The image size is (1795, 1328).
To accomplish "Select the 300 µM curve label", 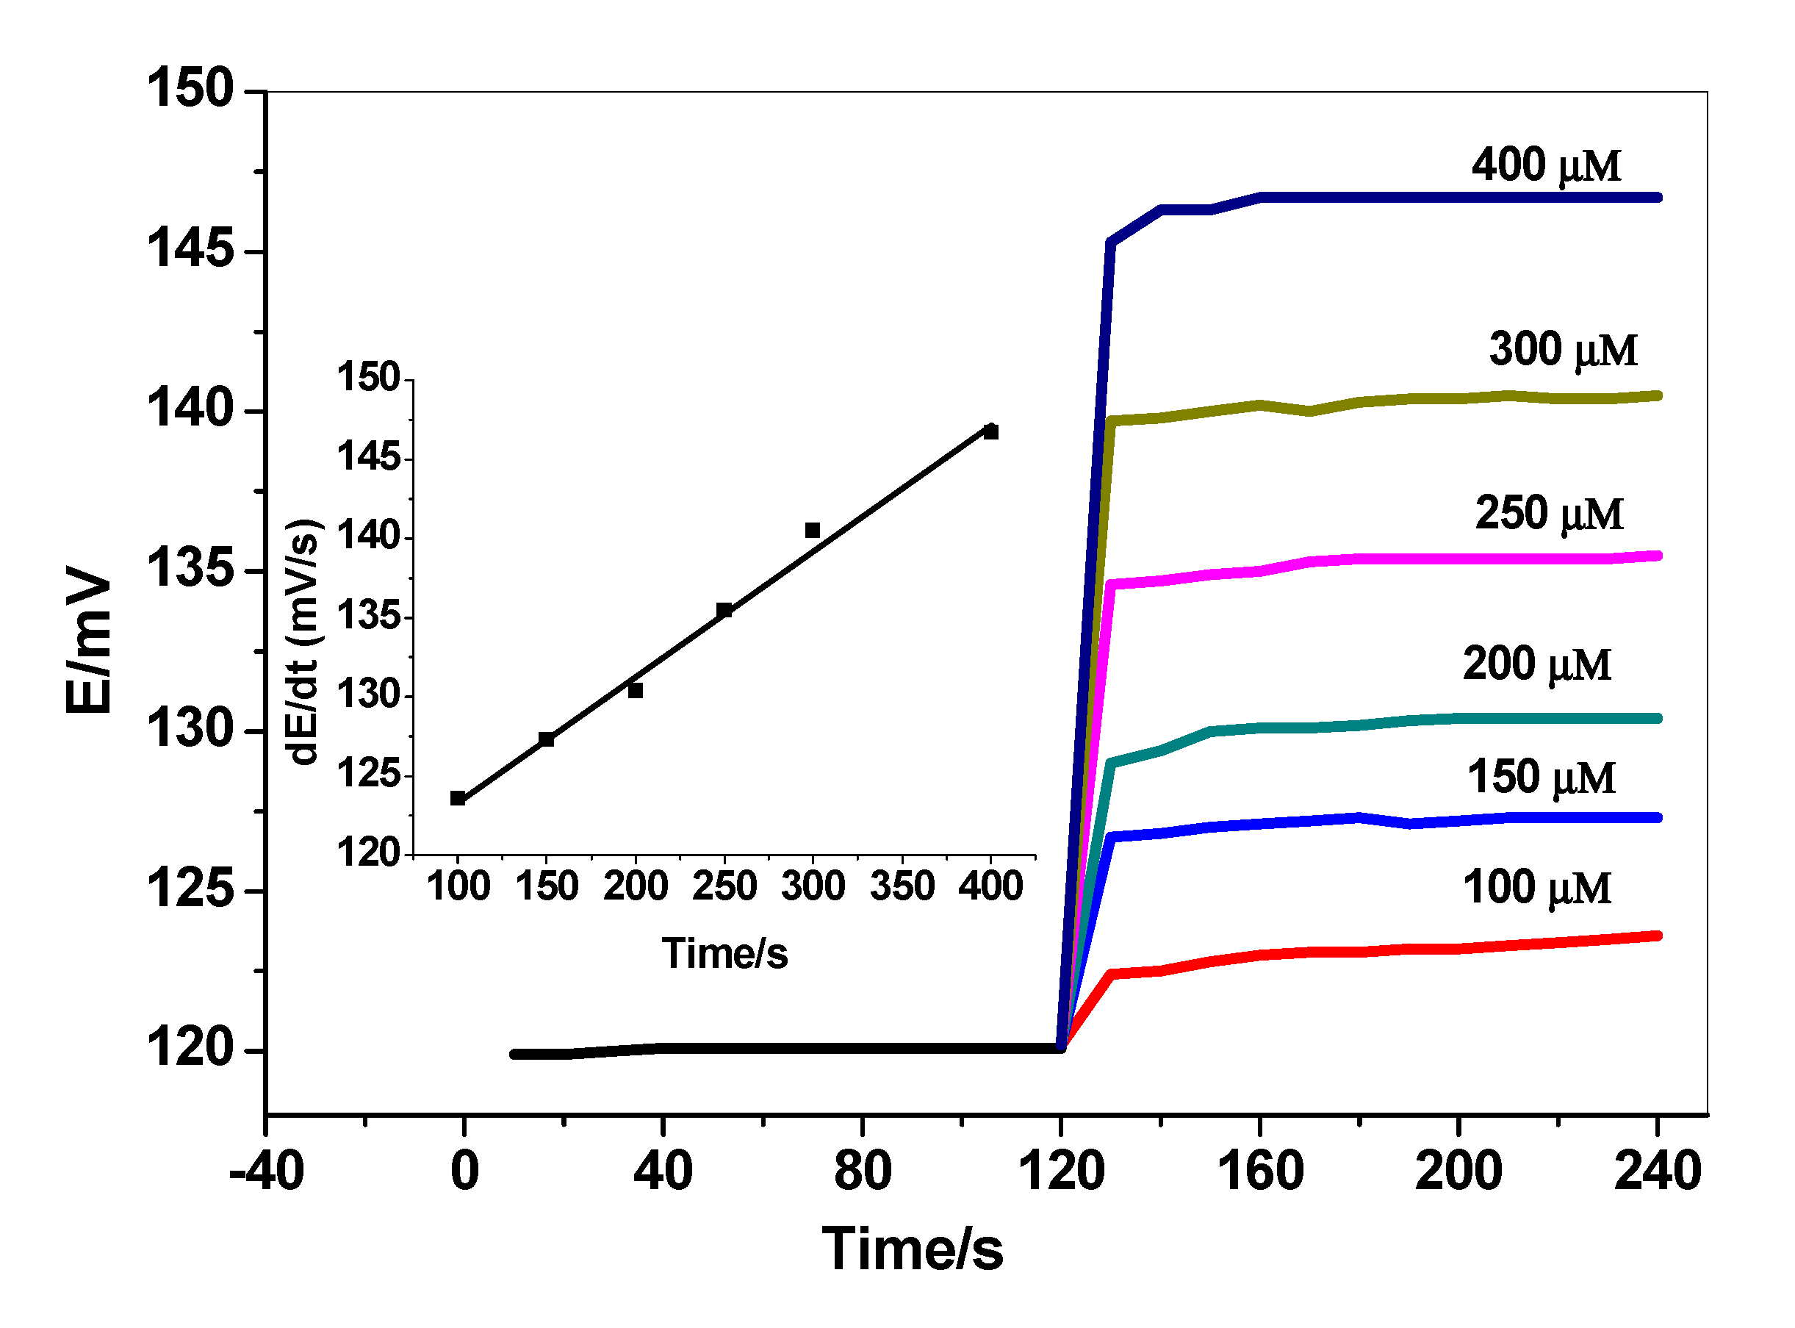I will point(1562,350).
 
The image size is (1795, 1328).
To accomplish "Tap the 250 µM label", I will point(1548,514).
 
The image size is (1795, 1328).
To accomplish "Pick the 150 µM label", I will point(1540,778).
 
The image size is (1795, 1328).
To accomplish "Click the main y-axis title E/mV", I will point(88,639).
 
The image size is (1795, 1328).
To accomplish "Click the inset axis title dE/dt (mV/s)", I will point(303,642).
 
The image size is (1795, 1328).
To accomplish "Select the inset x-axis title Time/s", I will point(724,954).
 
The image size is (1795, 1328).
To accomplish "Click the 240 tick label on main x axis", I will point(1657,1171).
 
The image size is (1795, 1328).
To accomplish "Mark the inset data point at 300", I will point(813,531).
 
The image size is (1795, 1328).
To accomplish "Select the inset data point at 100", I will point(458,798).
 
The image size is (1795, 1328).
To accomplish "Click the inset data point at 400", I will point(990,432).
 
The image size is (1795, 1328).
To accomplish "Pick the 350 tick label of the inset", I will point(902,886).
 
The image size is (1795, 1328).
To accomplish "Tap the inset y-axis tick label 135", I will point(368,617).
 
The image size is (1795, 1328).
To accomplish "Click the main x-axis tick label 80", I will point(862,1171).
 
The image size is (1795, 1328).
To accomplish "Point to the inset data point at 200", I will point(635,691).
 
